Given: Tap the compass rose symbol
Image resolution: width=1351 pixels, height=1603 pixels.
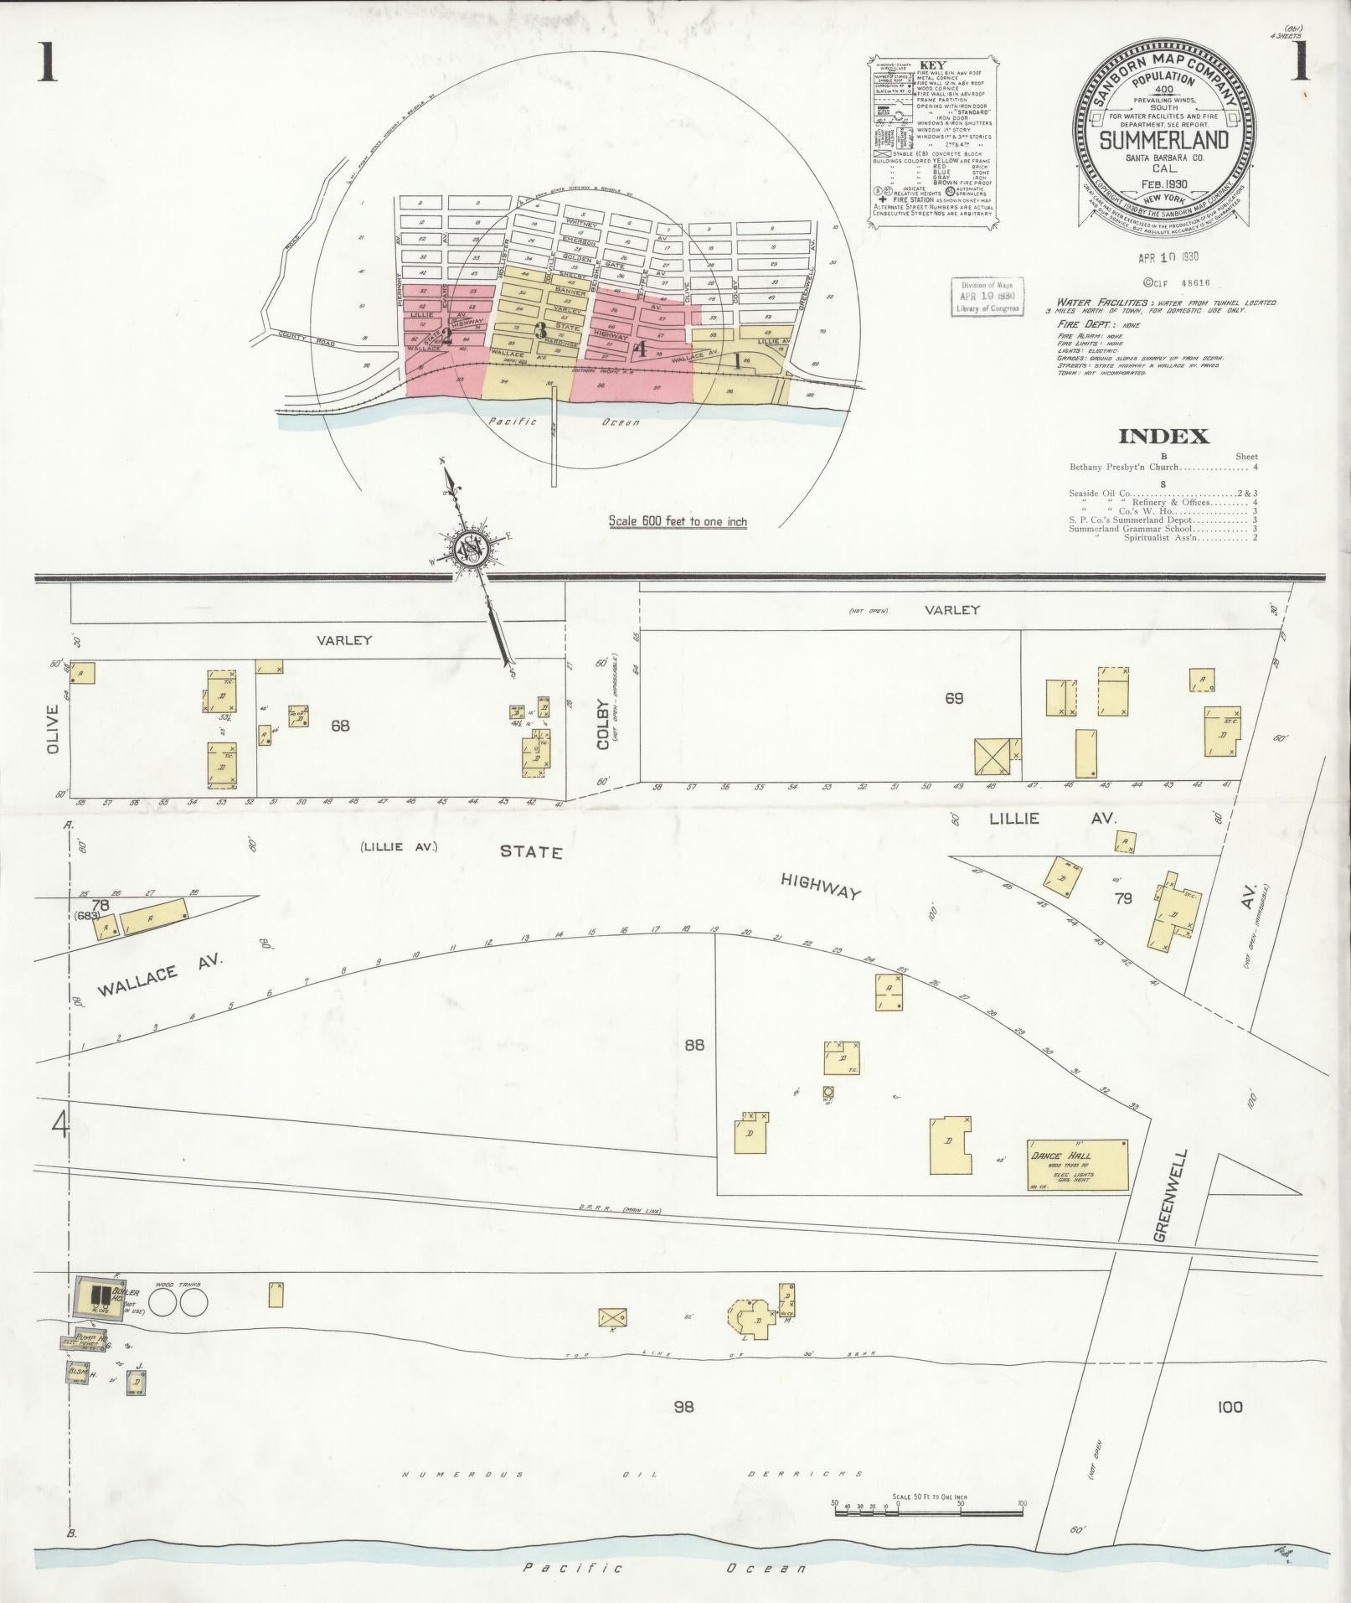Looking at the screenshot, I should pyautogui.click(x=472, y=550).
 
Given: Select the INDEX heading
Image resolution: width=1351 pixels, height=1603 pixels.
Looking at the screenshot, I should pyautogui.click(x=1163, y=437).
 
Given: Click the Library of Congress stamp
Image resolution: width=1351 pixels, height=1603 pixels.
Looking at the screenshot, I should pyautogui.click(x=987, y=297).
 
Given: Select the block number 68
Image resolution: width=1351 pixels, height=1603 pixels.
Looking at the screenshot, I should pyautogui.click(x=339, y=726).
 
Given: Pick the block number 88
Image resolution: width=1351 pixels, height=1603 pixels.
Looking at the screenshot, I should pyautogui.click(x=694, y=1045).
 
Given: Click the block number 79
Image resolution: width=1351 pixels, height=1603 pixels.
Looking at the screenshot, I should pyautogui.click(x=1123, y=898).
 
